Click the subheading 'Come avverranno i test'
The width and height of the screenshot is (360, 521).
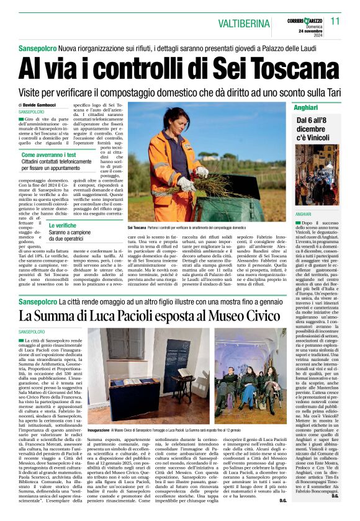point(49,154)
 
